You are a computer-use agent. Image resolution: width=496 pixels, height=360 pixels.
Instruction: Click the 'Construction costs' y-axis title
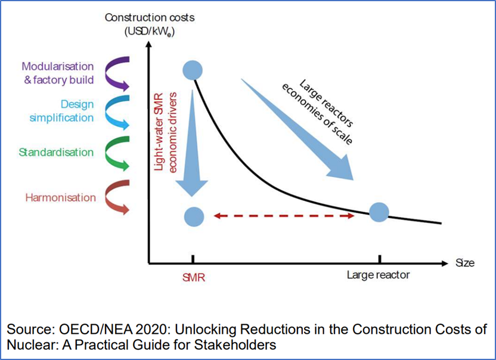coord(150,18)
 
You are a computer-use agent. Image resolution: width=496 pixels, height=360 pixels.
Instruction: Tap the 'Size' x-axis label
coord(466,263)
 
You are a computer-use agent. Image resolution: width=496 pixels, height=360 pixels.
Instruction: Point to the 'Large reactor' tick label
coord(379,275)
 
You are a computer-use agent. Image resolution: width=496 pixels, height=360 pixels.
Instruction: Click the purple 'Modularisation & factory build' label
coord(58,73)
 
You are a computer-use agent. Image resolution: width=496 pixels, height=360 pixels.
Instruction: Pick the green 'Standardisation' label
coord(56,153)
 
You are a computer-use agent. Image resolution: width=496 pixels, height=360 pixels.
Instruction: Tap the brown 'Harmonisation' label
coord(60,197)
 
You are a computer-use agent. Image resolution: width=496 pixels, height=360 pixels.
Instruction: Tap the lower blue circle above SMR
coord(193,216)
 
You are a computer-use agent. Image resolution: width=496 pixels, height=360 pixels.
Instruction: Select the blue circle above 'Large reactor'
coord(379,212)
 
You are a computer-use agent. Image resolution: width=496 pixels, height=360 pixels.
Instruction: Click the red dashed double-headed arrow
coord(284,216)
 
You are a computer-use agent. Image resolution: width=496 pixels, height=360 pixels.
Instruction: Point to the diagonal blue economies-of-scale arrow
coord(298,128)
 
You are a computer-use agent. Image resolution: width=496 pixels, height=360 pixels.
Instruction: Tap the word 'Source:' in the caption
coord(28,330)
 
